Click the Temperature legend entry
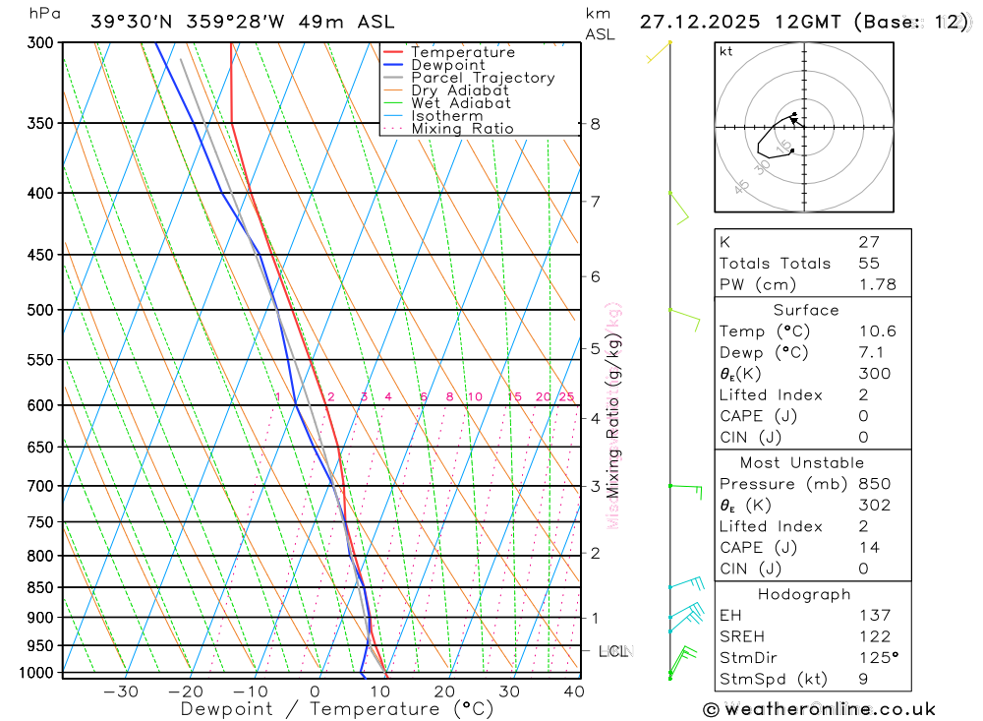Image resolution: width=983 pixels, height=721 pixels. click(462, 52)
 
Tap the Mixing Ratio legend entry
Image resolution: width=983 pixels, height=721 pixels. click(462, 129)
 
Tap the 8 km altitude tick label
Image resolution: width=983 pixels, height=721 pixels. click(595, 124)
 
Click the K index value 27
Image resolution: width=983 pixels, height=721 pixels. click(868, 242)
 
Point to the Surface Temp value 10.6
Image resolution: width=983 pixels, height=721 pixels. click(877, 331)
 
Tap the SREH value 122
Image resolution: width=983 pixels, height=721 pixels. click(874, 636)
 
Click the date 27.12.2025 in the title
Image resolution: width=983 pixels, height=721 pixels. click(695, 22)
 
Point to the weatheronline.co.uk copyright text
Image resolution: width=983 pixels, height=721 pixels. click(820, 709)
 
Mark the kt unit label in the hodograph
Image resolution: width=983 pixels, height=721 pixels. click(725, 51)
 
